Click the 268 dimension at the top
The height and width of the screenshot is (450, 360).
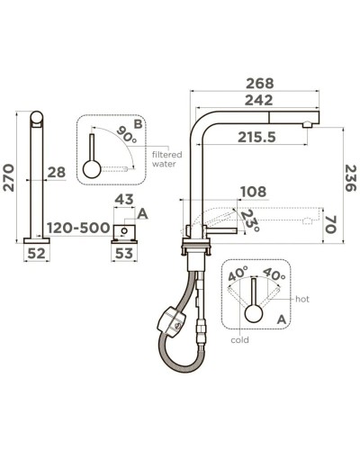point(260,84)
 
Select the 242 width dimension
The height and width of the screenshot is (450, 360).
point(258,100)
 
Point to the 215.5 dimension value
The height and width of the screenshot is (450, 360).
point(256,138)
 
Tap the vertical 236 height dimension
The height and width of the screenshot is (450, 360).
point(350,177)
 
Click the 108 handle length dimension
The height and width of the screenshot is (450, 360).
point(254,192)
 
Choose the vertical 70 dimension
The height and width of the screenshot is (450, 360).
point(330,224)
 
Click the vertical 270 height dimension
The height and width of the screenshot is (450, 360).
point(9,177)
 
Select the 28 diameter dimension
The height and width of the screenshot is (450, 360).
point(57,172)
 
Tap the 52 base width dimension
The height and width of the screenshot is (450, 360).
point(36,254)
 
